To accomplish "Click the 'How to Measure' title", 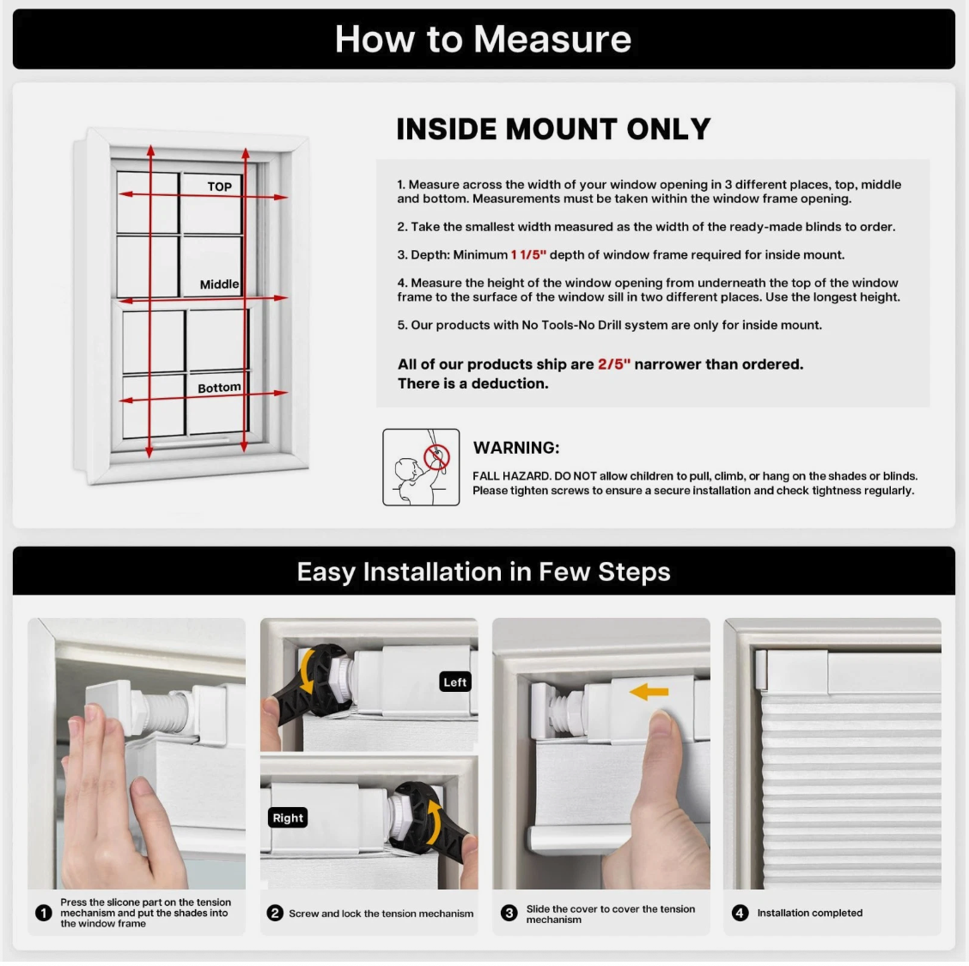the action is coord(483,39).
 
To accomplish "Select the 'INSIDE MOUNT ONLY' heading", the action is coord(553,129).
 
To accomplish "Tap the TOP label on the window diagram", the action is coord(219,186).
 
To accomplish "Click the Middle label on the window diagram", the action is coord(219,284).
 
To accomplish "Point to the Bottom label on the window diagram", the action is coord(219,388).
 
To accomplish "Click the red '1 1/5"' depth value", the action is coord(528,254).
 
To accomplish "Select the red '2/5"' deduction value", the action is coord(613,364).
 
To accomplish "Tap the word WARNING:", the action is coord(516,448).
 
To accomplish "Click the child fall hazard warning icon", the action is coord(421,467).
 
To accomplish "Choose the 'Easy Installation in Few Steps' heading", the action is coord(484,572).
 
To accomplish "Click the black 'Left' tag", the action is coord(454,682).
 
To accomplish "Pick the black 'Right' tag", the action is coord(288,817).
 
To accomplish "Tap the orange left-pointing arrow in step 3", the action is coord(649,692).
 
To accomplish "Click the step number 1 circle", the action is coord(43,913).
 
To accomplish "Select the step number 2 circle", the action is coord(275,914).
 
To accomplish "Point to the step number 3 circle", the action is coord(509,914).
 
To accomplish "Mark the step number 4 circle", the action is coord(740,913).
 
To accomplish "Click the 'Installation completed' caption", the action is coord(809,913).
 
